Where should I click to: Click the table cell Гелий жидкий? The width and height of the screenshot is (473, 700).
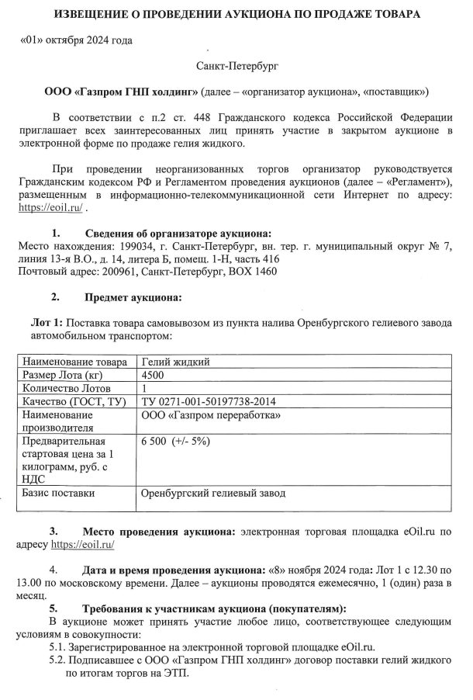(x=175, y=361)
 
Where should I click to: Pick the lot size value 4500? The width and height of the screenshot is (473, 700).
(x=154, y=375)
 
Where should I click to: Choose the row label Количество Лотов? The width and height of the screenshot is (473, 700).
(x=67, y=388)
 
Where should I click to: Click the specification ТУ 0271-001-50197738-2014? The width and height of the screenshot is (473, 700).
(x=209, y=401)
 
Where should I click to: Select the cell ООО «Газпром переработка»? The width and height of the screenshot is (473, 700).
(x=211, y=415)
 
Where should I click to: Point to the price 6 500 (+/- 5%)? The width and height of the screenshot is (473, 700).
(x=176, y=442)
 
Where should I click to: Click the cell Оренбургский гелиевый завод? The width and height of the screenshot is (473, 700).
(x=213, y=493)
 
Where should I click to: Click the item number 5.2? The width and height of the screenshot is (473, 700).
(x=57, y=660)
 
